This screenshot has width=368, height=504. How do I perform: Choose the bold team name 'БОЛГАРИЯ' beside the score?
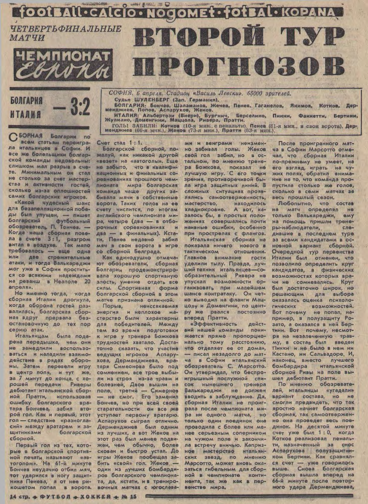pyautogui.click(x=26, y=101)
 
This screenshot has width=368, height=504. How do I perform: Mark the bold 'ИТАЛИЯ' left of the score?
pyautogui.click(x=25, y=114)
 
